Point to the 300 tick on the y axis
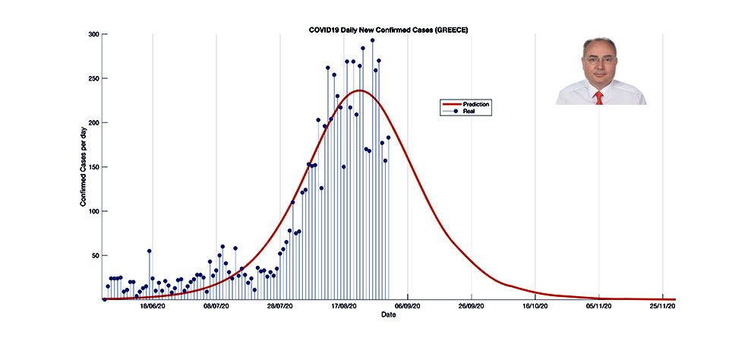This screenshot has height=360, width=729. tap(93, 34)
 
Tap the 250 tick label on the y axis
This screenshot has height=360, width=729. tap(93, 78)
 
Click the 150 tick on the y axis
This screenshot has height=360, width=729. tap(93, 167)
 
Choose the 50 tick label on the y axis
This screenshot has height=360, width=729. tap(94, 256)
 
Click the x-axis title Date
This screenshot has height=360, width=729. tap(388, 314)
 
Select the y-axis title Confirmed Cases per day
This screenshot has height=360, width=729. tap(83, 167)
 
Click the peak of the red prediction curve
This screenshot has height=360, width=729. tap(359, 91)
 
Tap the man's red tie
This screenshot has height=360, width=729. tap(599, 97)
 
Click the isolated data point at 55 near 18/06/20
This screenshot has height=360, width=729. tap(150, 251)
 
